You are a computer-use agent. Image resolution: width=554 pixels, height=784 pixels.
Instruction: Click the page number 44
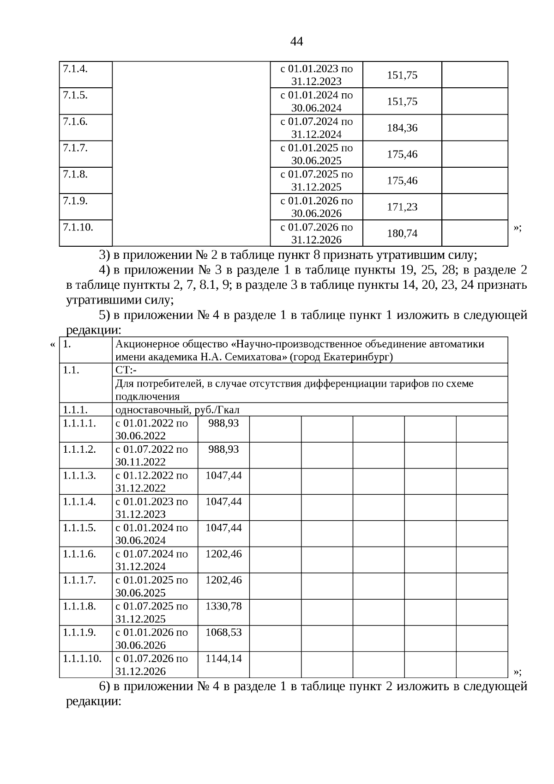coord(296,42)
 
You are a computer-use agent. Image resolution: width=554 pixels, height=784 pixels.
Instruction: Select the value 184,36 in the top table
coord(402,128)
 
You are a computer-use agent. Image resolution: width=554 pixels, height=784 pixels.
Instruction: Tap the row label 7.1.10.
coord(78,227)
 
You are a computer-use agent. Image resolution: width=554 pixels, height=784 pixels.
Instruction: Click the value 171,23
coord(402,207)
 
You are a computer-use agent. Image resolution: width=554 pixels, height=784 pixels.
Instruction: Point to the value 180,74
coord(402,233)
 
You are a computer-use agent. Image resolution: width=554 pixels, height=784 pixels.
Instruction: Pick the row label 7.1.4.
coord(75,69)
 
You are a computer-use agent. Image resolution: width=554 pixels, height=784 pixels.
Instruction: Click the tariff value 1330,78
coord(223,606)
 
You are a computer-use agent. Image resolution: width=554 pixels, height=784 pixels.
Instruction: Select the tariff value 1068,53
coord(223,632)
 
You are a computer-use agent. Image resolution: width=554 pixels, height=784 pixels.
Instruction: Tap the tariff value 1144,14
coord(223,658)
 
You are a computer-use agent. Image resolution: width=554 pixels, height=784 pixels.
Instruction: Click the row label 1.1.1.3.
coord(79,475)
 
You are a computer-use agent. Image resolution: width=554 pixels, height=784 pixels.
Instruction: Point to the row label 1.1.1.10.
coord(82,658)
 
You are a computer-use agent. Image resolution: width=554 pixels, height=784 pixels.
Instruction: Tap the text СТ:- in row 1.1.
coord(126,370)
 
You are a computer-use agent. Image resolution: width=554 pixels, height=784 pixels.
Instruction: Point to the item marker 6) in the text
coord(104,686)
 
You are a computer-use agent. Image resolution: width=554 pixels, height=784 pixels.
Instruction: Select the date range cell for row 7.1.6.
coord(317,128)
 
